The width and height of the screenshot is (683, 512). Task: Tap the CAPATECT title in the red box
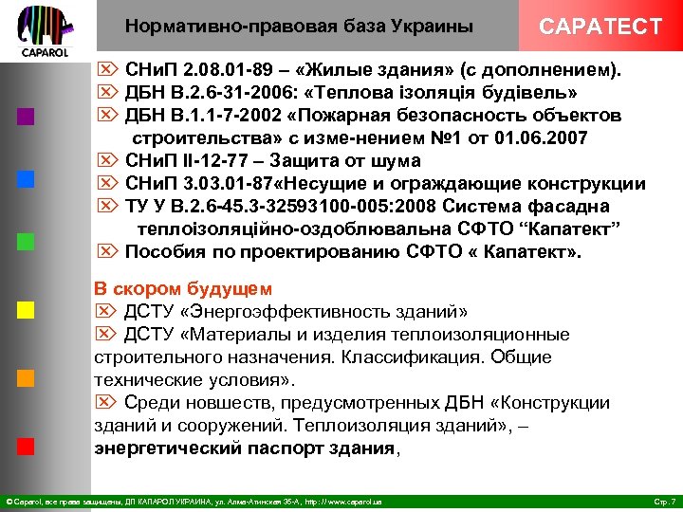click(x=600, y=26)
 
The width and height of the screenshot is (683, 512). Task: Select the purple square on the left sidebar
click(x=27, y=118)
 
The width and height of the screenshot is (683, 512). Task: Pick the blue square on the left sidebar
click(x=27, y=178)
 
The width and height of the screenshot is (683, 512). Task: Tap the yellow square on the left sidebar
click(x=27, y=309)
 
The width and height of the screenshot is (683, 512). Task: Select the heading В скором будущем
click(x=183, y=288)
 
